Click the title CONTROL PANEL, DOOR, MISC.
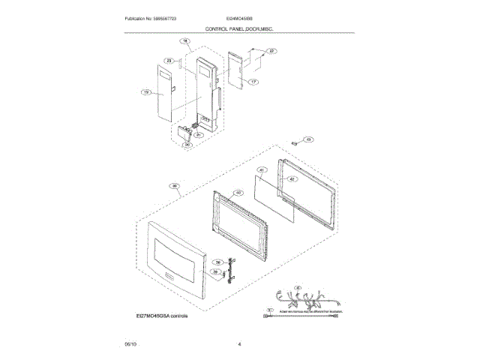click(239, 28)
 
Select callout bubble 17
click(253, 82)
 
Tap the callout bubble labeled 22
click(271, 51)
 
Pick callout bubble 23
click(169, 61)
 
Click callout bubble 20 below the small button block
click(188, 145)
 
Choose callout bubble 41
click(260, 171)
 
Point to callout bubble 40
click(238, 193)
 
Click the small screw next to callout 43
click(295, 140)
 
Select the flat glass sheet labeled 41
click(272, 196)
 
